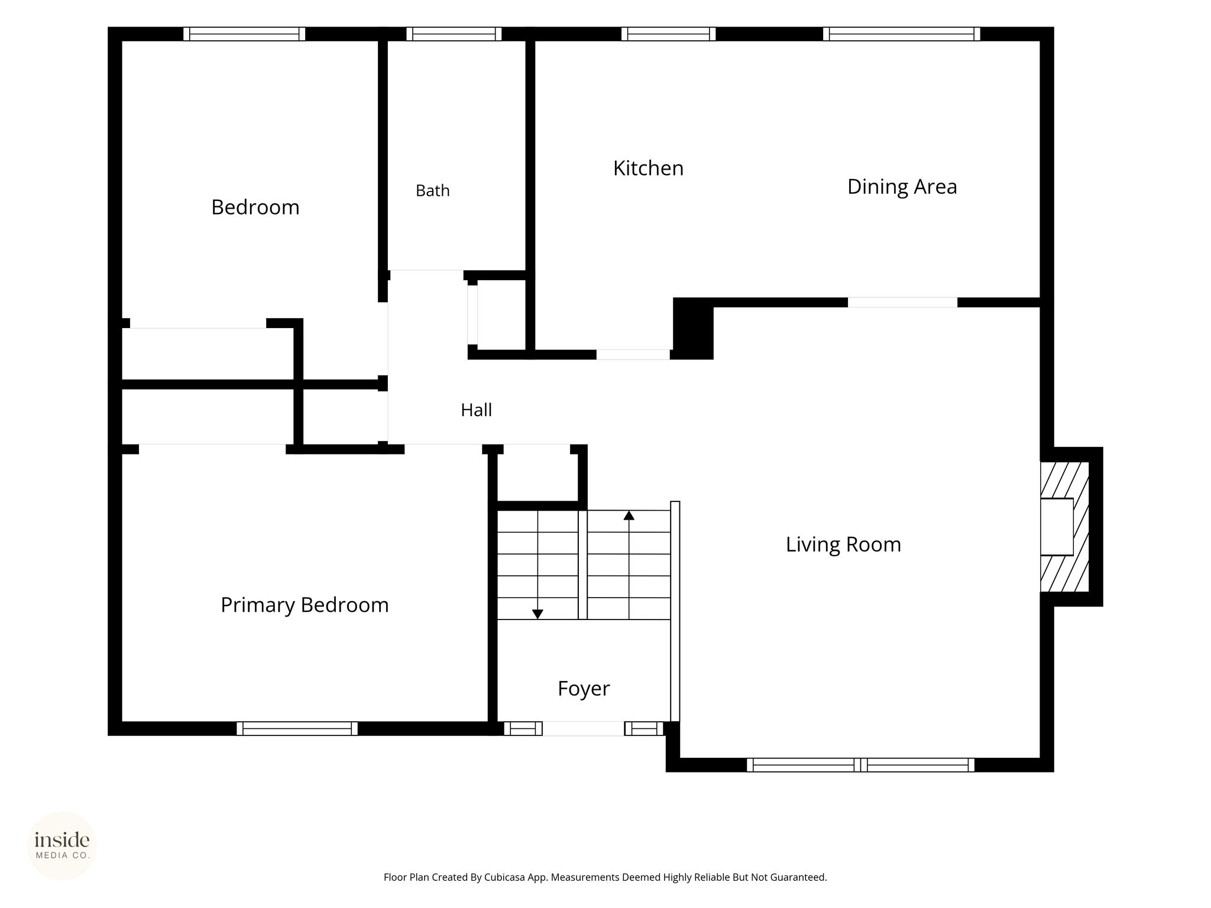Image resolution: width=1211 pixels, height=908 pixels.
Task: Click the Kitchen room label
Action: coord(648,168)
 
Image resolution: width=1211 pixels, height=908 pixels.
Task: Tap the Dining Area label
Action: coord(902,187)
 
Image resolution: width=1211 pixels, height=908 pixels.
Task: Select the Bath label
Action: coord(433,190)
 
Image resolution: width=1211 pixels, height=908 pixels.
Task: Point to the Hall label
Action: coord(476,410)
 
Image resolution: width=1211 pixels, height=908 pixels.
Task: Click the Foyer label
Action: coord(584,689)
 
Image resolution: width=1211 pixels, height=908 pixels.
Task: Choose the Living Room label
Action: coord(843,544)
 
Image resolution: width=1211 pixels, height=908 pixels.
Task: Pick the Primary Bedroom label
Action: coord(305,605)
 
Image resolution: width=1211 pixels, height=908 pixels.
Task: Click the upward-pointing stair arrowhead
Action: coord(629,515)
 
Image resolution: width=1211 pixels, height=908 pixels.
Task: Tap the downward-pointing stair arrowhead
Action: coord(537,614)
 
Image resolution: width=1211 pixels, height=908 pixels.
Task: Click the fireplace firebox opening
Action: coord(1057,527)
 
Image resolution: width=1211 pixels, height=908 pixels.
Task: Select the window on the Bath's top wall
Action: coord(454,34)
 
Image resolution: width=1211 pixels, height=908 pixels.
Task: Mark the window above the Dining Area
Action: coord(902,34)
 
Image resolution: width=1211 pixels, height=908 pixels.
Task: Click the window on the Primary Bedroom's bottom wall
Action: coord(297,728)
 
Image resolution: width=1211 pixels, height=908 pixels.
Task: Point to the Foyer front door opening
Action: coord(584,728)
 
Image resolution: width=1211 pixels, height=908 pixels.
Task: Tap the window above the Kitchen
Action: coord(669,34)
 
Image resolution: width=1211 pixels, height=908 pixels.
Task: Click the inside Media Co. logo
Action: coord(62,846)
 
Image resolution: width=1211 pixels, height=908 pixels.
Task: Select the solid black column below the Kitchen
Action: coord(693,328)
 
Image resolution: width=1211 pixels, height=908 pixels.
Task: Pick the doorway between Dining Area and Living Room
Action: coord(903,302)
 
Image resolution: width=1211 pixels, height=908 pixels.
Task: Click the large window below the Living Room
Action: coord(860,765)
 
